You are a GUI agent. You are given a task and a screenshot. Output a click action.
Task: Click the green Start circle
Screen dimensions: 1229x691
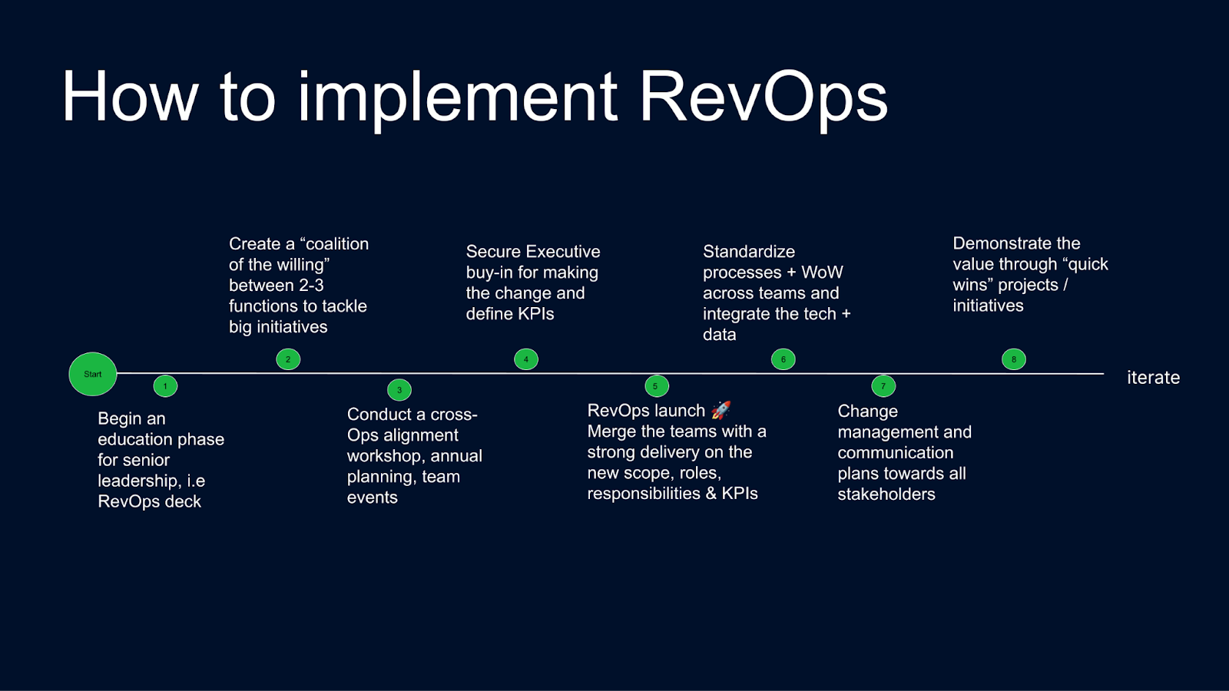tap(93, 374)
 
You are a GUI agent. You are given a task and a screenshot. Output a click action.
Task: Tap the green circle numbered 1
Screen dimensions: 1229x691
tap(165, 386)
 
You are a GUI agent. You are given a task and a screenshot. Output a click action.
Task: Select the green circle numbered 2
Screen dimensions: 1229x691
tap(288, 359)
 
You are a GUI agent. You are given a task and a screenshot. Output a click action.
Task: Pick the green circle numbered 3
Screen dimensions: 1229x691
tap(399, 390)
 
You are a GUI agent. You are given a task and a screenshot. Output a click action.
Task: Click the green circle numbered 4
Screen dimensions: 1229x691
tap(526, 359)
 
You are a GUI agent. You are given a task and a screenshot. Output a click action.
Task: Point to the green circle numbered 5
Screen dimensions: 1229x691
tap(657, 386)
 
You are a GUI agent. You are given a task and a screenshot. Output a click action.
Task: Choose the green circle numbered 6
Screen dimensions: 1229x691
tap(783, 359)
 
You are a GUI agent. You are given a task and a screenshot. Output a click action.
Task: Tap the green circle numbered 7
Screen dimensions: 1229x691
tap(883, 386)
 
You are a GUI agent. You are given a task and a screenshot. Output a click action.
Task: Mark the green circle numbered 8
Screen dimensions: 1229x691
tap(1014, 359)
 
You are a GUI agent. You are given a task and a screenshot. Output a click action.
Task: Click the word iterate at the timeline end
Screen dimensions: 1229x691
tap(1153, 377)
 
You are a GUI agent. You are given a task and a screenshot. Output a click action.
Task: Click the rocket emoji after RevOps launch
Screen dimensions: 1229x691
tap(721, 410)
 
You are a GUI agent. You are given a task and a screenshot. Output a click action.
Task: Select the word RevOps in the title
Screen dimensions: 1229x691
tap(764, 97)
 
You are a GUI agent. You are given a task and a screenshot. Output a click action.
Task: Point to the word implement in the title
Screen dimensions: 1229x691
tap(457, 97)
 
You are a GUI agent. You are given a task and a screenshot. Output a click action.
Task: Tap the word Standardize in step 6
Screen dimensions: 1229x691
tap(749, 251)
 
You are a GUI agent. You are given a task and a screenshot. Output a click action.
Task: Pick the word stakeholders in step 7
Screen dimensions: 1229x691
tap(886, 494)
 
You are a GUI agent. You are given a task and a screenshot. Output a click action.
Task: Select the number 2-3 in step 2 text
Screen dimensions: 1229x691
tap(311, 285)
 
